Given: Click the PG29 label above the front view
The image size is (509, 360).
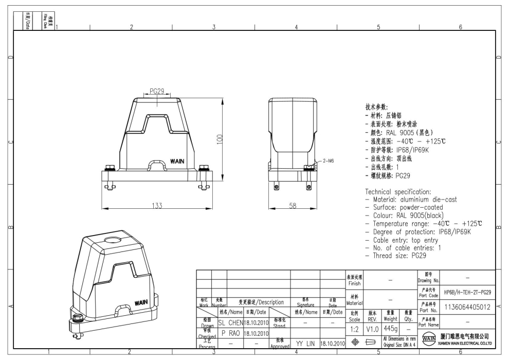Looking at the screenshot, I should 156,91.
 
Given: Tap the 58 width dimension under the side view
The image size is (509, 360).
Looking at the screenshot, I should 292,205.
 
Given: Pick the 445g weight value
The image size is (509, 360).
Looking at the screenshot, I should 391,328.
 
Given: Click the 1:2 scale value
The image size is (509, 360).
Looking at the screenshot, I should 355,328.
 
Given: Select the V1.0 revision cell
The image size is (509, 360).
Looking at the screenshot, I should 373,328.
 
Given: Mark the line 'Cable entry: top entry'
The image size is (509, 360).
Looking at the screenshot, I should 402,240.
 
